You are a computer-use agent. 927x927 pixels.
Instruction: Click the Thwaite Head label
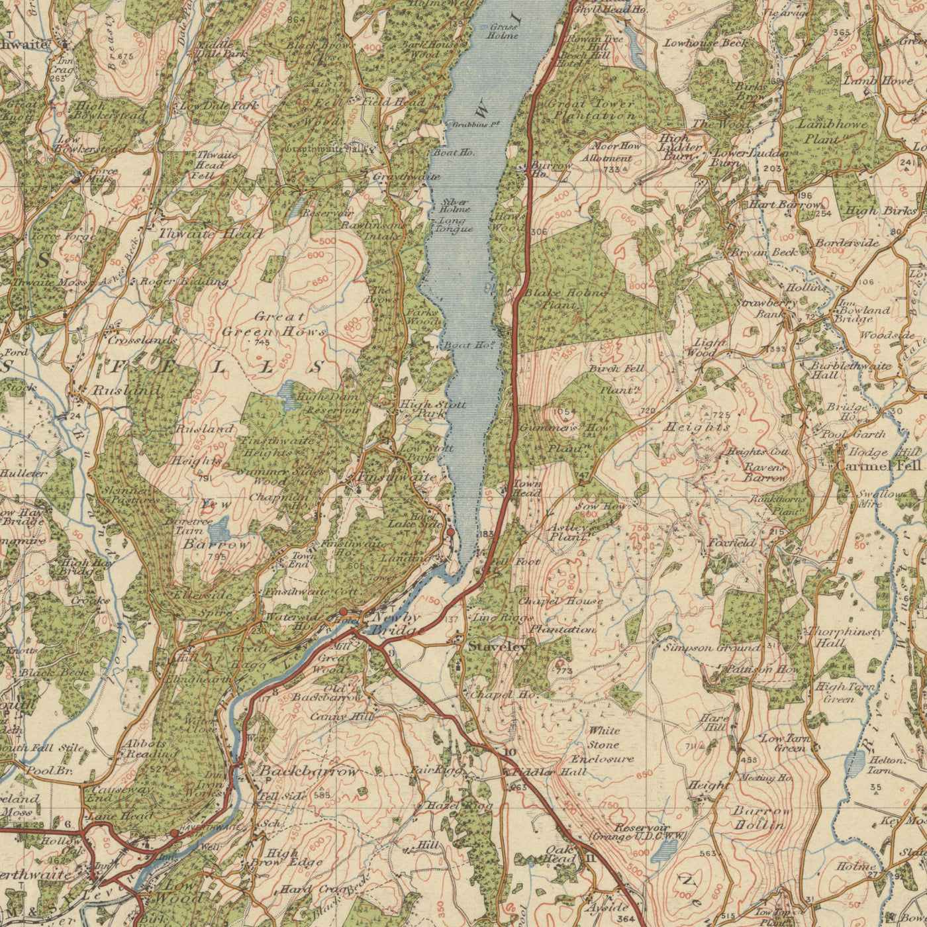(x=211, y=233)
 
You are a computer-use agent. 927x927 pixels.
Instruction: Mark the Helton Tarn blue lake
(x=856, y=767)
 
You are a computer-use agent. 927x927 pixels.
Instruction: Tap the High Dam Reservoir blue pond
(x=289, y=395)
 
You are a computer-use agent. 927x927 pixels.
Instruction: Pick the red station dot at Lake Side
(x=451, y=532)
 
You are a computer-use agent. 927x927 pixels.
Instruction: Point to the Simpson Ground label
(x=711, y=648)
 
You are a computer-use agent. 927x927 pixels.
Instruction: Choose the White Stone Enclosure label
(x=602, y=745)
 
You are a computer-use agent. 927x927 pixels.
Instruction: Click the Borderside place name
(x=847, y=243)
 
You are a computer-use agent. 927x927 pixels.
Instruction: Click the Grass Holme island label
(x=504, y=31)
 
